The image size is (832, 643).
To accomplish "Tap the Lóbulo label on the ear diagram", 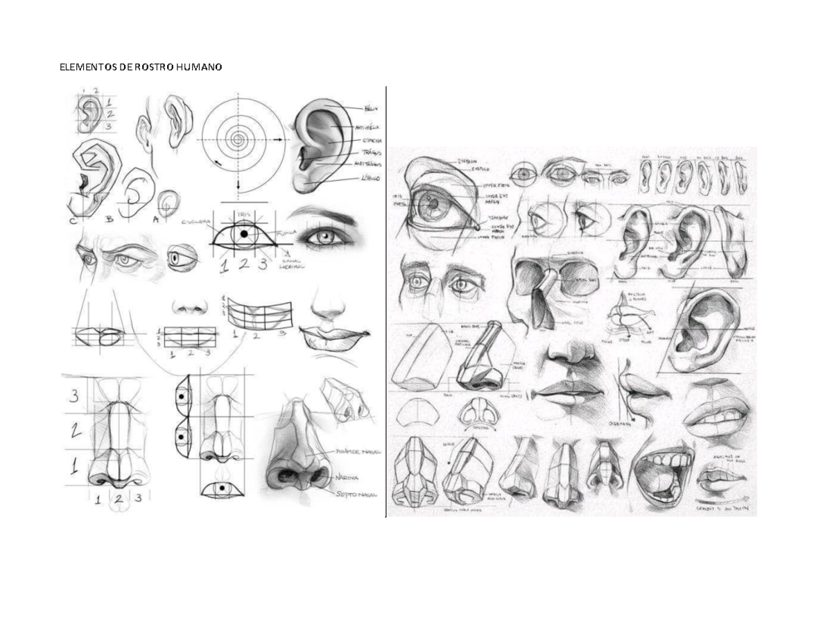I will (371, 178).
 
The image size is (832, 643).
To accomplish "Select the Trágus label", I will (370, 152).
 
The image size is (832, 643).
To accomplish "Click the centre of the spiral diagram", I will (239, 139).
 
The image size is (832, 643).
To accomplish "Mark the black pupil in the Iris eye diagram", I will (244, 234).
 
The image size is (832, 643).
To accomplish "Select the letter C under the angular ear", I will (73, 221).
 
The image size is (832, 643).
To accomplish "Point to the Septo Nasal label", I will (356, 495).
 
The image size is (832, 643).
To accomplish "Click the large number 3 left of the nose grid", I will (72, 396).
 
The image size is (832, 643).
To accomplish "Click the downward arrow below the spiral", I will (239, 186).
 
